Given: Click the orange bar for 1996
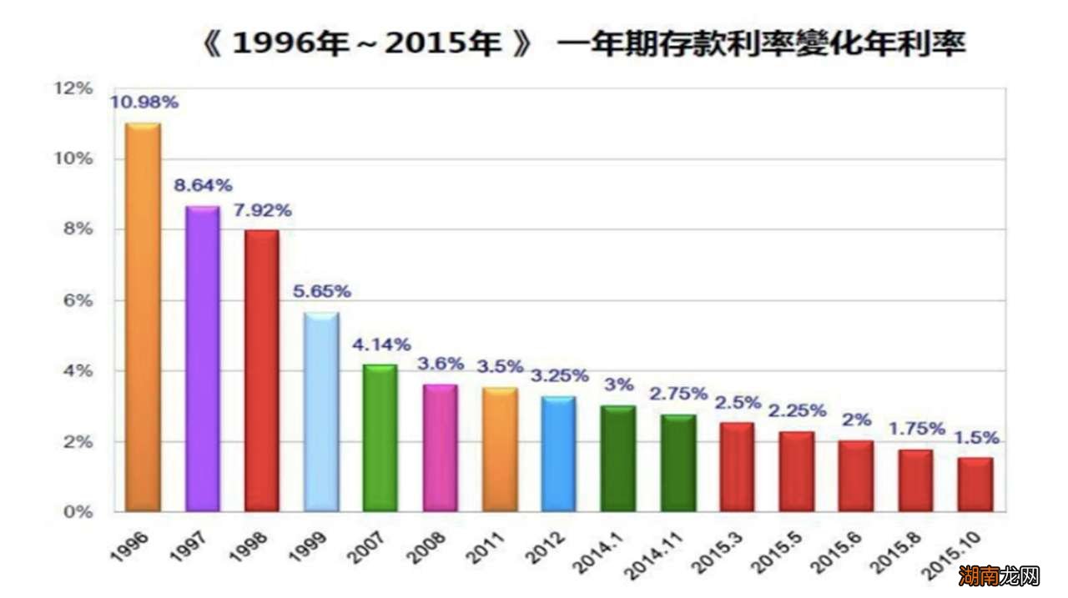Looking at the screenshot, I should coord(143,317).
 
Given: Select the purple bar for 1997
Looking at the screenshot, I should coord(202,359).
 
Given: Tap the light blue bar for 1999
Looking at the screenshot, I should coord(321,412).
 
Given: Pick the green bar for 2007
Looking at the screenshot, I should coord(380,438).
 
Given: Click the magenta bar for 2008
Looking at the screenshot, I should coord(440,448).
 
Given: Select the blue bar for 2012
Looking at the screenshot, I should coord(558,454).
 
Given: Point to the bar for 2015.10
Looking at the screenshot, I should coord(975,485).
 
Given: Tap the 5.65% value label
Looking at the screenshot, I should coord(321,292).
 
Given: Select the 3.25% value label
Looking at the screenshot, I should coord(558,375).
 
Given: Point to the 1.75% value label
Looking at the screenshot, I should coord(916,430).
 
